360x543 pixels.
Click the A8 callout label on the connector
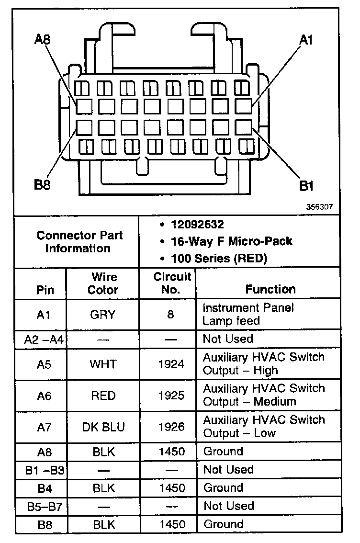(x=43, y=40)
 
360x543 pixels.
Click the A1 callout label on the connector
(x=306, y=40)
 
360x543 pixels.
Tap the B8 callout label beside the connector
(x=43, y=184)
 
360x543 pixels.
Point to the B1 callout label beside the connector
(x=306, y=186)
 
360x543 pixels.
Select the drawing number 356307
(x=320, y=207)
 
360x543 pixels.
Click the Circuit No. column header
(x=172, y=283)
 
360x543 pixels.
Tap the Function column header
(x=270, y=289)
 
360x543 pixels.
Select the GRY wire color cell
(x=103, y=315)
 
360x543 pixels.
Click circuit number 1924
(x=171, y=364)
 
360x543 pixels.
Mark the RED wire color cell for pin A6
(x=103, y=396)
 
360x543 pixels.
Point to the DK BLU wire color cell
(x=103, y=427)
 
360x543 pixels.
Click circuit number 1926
(x=171, y=427)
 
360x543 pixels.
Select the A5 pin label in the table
(x=44, y=364)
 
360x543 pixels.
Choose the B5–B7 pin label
(x=45, y=506)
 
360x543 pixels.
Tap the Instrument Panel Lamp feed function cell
(x=248, y=314)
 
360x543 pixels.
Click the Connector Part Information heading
(x=79, y=242)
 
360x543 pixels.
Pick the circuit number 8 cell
(x=171, y=315)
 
